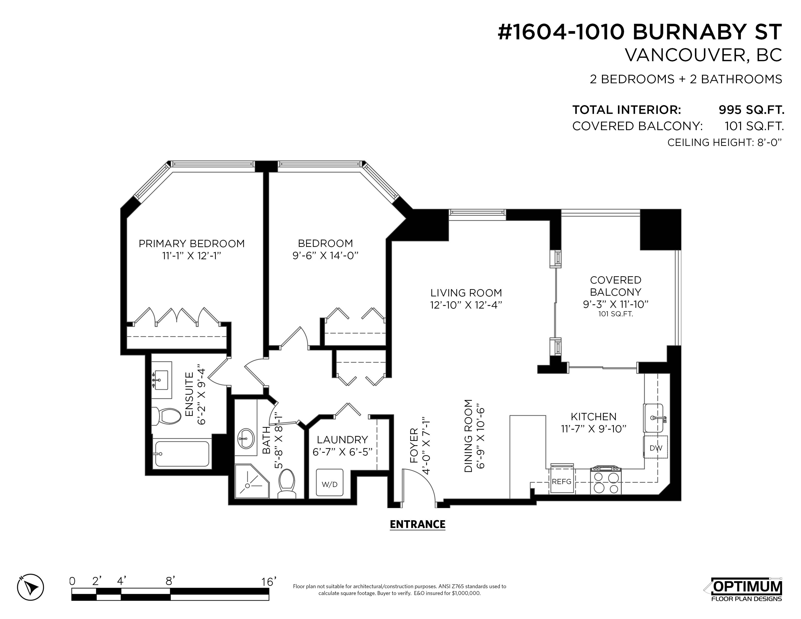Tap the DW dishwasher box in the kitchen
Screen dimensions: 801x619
pos(656,447)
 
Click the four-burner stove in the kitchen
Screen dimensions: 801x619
pos(605,480)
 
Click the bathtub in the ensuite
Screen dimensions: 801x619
pos(182,454)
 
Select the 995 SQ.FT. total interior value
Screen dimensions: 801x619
pos(751,110)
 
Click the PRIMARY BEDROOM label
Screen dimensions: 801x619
pos(191,243)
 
